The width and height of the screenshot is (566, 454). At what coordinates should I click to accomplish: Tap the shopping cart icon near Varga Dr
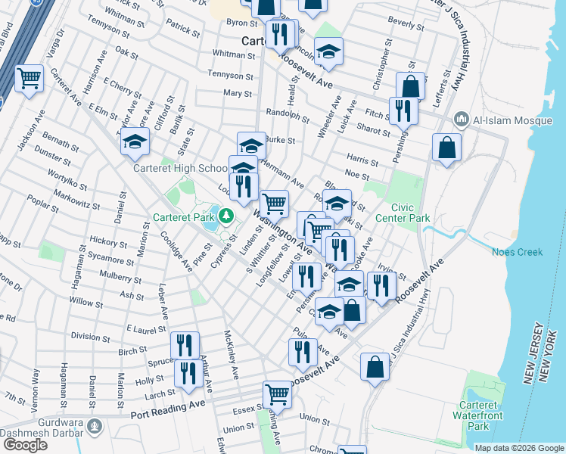click(x=29, y=77)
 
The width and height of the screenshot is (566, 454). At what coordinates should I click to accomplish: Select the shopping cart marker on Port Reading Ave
click(x=277, y=394)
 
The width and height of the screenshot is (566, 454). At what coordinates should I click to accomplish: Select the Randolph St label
click(x=288, y=116)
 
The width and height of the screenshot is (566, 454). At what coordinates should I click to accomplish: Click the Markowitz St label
click(x=77, y=201)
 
